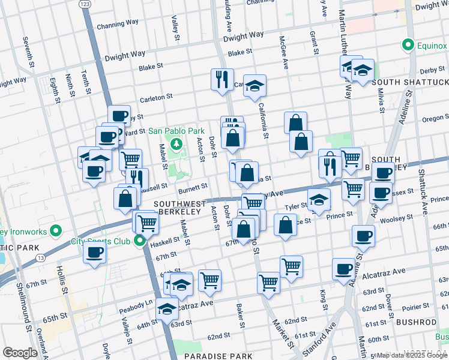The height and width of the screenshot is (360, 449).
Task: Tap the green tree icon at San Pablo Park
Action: [176, 144]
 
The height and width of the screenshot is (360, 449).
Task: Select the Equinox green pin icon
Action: [408, 44]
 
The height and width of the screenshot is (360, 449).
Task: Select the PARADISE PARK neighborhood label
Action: [216, 356]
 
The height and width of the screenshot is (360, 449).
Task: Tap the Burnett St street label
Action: [193, 188]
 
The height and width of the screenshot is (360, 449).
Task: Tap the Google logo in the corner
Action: [20, 353]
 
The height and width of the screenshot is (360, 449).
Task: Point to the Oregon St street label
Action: [434, 118]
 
